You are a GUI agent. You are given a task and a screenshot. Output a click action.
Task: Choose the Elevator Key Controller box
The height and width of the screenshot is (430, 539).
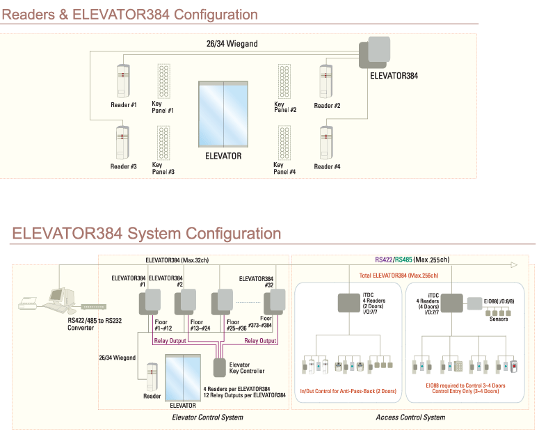(219, 367)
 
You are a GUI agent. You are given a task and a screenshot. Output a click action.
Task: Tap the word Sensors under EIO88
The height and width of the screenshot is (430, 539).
(498, 319)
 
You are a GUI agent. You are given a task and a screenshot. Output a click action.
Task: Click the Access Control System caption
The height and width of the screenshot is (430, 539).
(410, 417)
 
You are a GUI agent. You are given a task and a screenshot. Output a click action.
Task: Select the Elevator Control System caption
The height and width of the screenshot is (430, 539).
(207, 417)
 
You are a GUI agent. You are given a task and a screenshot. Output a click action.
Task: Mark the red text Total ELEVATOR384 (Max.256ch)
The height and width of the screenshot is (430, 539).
(392, 276)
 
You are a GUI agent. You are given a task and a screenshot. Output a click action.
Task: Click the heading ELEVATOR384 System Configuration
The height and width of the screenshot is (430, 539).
(147, 234)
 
